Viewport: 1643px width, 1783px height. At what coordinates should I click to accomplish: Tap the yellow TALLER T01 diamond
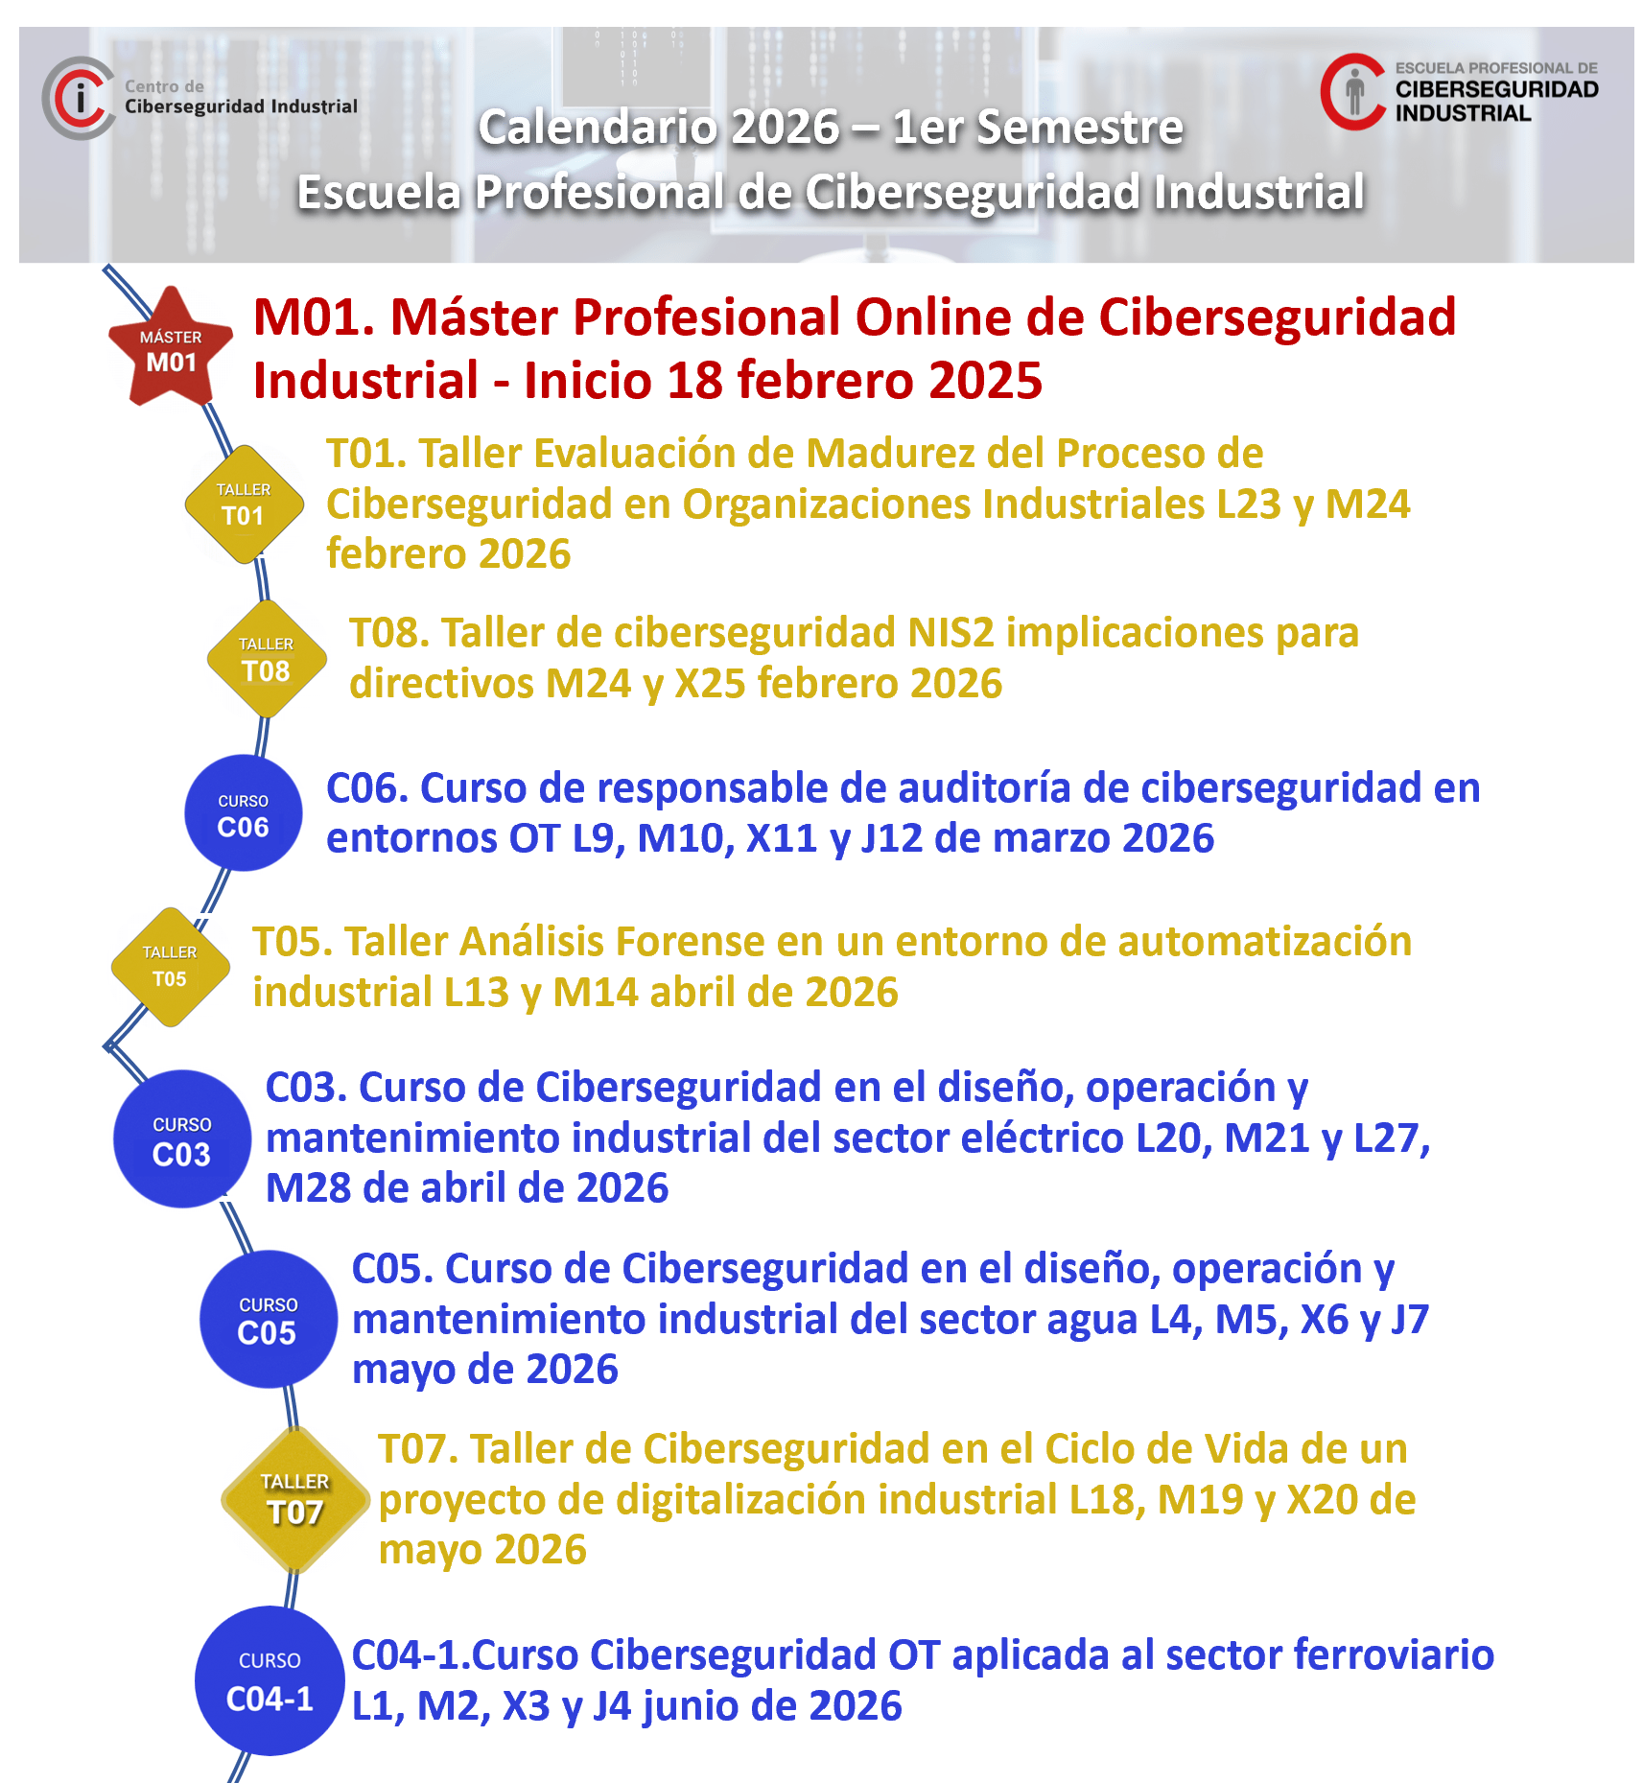pyautogui.click(x=244, y=504)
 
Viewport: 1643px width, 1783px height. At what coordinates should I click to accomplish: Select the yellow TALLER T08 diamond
pyautogui.click(x=267, y=659)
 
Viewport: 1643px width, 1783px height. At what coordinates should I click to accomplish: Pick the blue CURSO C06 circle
pyautogui.click(x=244, y=813)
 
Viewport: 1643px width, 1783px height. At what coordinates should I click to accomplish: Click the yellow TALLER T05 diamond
pyautogui.click(x=170, y=967)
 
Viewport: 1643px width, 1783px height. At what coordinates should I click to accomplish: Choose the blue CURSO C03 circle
pyautogui.click(x=182, y=1139)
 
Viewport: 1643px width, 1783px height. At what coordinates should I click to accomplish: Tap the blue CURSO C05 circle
pyautogui.click(x=268, y=1319)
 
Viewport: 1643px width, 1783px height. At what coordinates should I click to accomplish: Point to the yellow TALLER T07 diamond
pyautogui.click(x=295, y=1499)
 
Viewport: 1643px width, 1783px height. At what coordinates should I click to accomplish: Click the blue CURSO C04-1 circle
pyautogui.click(x=270, y=1680)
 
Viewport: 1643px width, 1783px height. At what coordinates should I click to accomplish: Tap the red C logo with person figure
pyautogui.click(x=1353, y=92)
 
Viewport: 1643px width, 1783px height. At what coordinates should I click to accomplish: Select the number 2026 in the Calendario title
pyautogui.click(x=785, y=128)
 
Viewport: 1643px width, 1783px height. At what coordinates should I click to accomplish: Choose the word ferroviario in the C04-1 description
pyautogui.click(x=1394, y=1655)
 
